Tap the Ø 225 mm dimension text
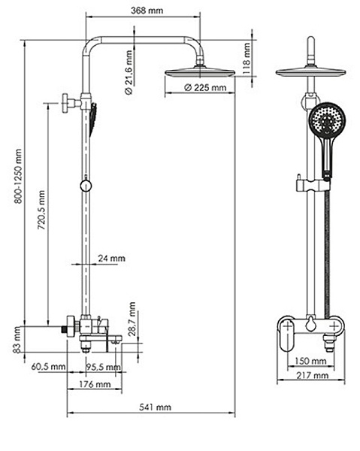[x=205, y=88]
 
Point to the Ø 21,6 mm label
[x=129, y=70]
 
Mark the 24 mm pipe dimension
[x=112, y=259]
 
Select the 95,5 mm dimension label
[x=99, y=367]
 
